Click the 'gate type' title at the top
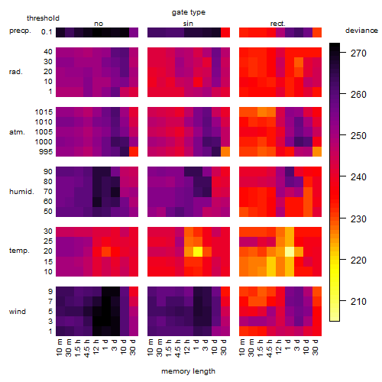[189, 12]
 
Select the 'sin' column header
[188, 24]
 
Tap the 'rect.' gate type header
[277, 24]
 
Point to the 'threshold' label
[43, 18]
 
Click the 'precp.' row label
[20, 31]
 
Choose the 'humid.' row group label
[21, 192]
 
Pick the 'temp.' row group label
[19, 251]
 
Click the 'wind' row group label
[18, 312]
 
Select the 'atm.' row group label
[17, 132]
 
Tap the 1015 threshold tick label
[44, 112]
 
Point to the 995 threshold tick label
[46, 152]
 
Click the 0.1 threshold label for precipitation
[47, 32]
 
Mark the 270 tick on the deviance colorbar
[358, 53]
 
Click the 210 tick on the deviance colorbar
[358, 302]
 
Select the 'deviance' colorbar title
[361, 31]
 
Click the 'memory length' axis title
[189, 371]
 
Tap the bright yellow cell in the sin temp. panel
[198, 251]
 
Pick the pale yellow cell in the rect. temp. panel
[290, 251]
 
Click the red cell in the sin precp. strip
[225, 32]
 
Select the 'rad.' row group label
[16, 72]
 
